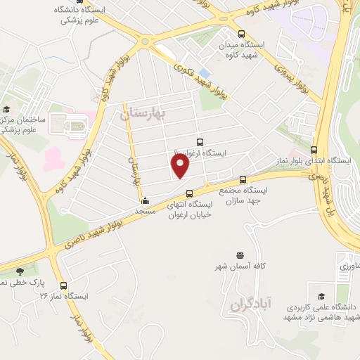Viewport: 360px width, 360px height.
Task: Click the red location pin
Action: click(x=181, y=166)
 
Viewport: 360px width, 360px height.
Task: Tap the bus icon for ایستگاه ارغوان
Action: click(x=200, y=142)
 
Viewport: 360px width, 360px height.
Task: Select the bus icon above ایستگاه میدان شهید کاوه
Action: click(x=242, y=34)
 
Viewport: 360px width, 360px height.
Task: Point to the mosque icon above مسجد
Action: click(x=145, y=200)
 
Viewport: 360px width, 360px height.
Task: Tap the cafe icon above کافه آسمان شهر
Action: click(x=240, y=255)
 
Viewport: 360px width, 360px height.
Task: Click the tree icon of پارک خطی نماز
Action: click(x=19, y=271)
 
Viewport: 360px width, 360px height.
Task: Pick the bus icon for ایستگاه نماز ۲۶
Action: click(x=64, y=285)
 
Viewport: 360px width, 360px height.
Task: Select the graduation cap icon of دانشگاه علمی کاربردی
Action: click(x=321, y=297)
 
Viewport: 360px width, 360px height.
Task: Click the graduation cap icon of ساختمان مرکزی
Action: click(x=6, y=109)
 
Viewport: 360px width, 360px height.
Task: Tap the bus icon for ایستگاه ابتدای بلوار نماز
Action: click(x=314, y=150)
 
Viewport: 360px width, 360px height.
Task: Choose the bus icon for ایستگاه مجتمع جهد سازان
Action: click(x=243, y=179)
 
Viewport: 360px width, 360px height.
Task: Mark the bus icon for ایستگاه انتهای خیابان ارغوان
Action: click(x=188, y=194)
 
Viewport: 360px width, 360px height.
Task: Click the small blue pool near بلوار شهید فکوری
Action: click(x=204, y=73)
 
